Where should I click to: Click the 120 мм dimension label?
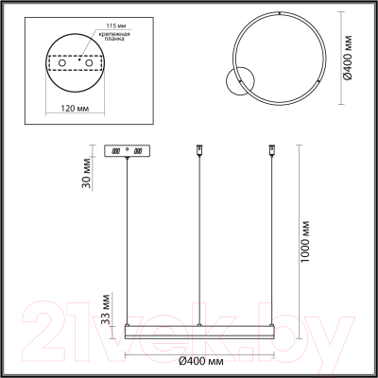coord(75,108)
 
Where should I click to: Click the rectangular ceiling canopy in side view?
coord(125,150)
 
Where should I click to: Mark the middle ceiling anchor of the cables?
coord(198,149)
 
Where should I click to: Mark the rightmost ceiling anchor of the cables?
coord(270,149)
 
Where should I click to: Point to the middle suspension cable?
coord(198,236)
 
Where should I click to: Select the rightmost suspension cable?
coord(270,236)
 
